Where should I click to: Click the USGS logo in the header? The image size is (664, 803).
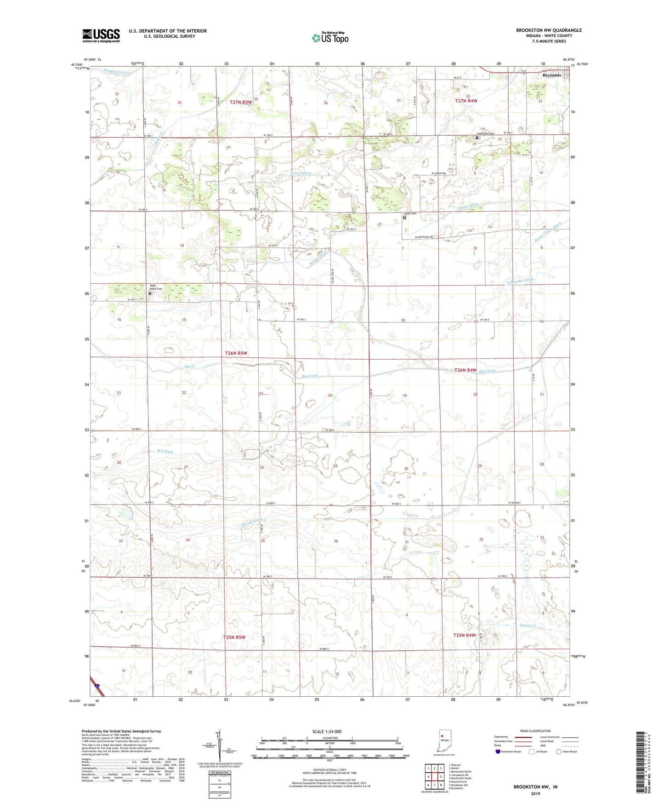101,35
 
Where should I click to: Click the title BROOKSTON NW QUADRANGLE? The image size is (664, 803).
549,30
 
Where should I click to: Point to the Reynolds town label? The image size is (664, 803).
551,75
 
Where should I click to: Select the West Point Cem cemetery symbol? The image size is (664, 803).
150,293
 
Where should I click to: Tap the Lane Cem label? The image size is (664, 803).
410,213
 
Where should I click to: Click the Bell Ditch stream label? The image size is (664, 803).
165,452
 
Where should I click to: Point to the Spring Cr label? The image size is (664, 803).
528,625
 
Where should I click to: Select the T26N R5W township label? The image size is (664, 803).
236,353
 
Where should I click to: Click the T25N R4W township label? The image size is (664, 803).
465,635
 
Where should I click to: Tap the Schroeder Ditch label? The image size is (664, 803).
522,280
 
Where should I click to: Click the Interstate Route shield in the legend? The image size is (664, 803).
498,751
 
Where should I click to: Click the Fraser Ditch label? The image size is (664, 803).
301,173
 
